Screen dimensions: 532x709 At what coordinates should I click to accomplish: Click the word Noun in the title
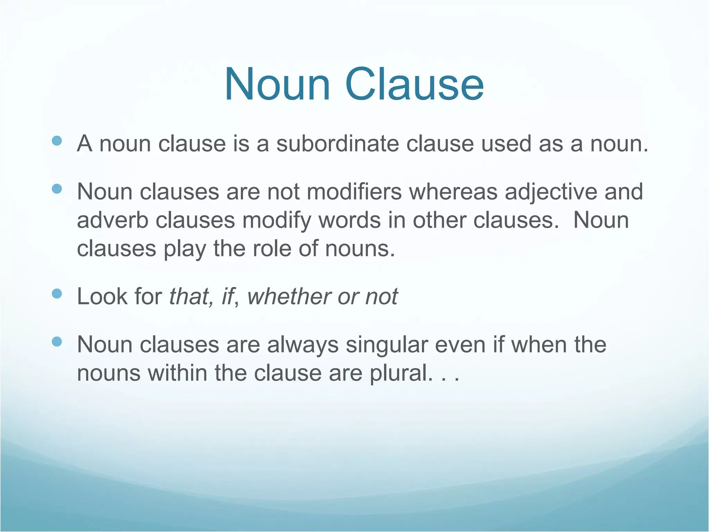point(277,85)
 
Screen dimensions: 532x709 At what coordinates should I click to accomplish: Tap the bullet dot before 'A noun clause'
point(56,141)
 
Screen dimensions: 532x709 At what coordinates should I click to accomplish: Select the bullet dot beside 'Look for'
point(56,294)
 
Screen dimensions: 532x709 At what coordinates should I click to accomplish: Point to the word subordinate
point(338,143)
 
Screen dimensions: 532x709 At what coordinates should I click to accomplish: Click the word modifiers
point(354,192)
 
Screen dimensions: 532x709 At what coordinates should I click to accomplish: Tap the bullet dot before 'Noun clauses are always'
point(56,342)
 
